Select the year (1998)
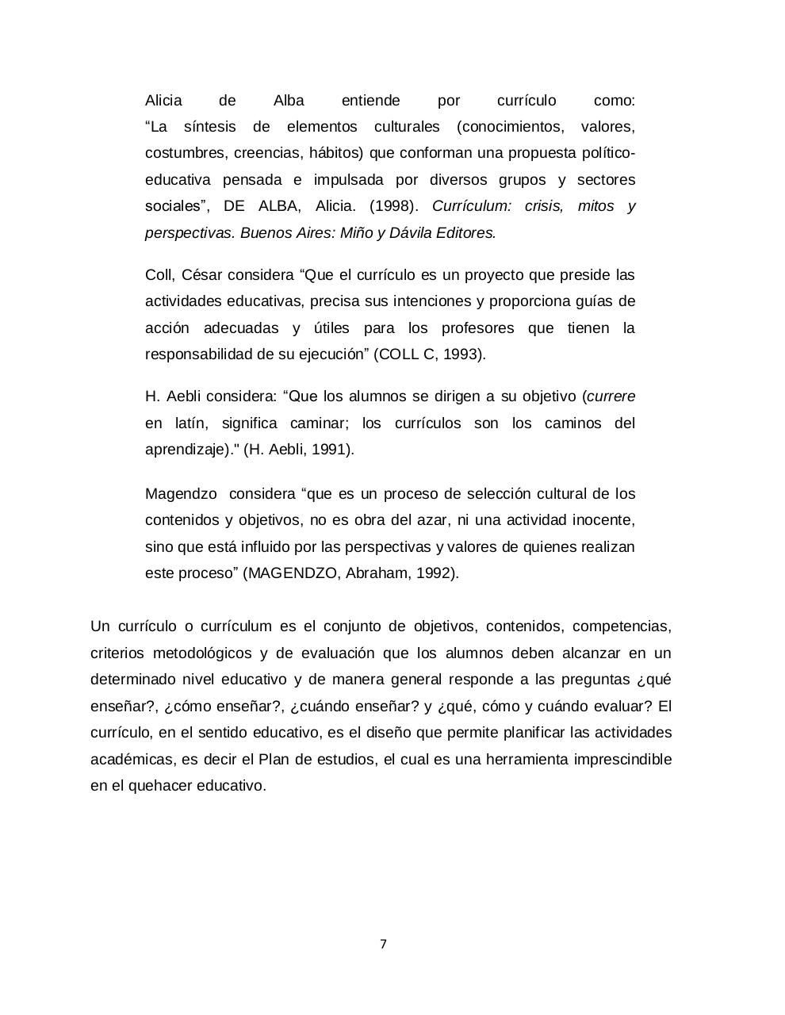click(x=393, y=206)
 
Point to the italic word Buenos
click(x=266, y=233)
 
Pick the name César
click(x=202, y=275)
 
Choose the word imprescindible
click(x=618, y=760)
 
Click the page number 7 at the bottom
click(x=384, y=944)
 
